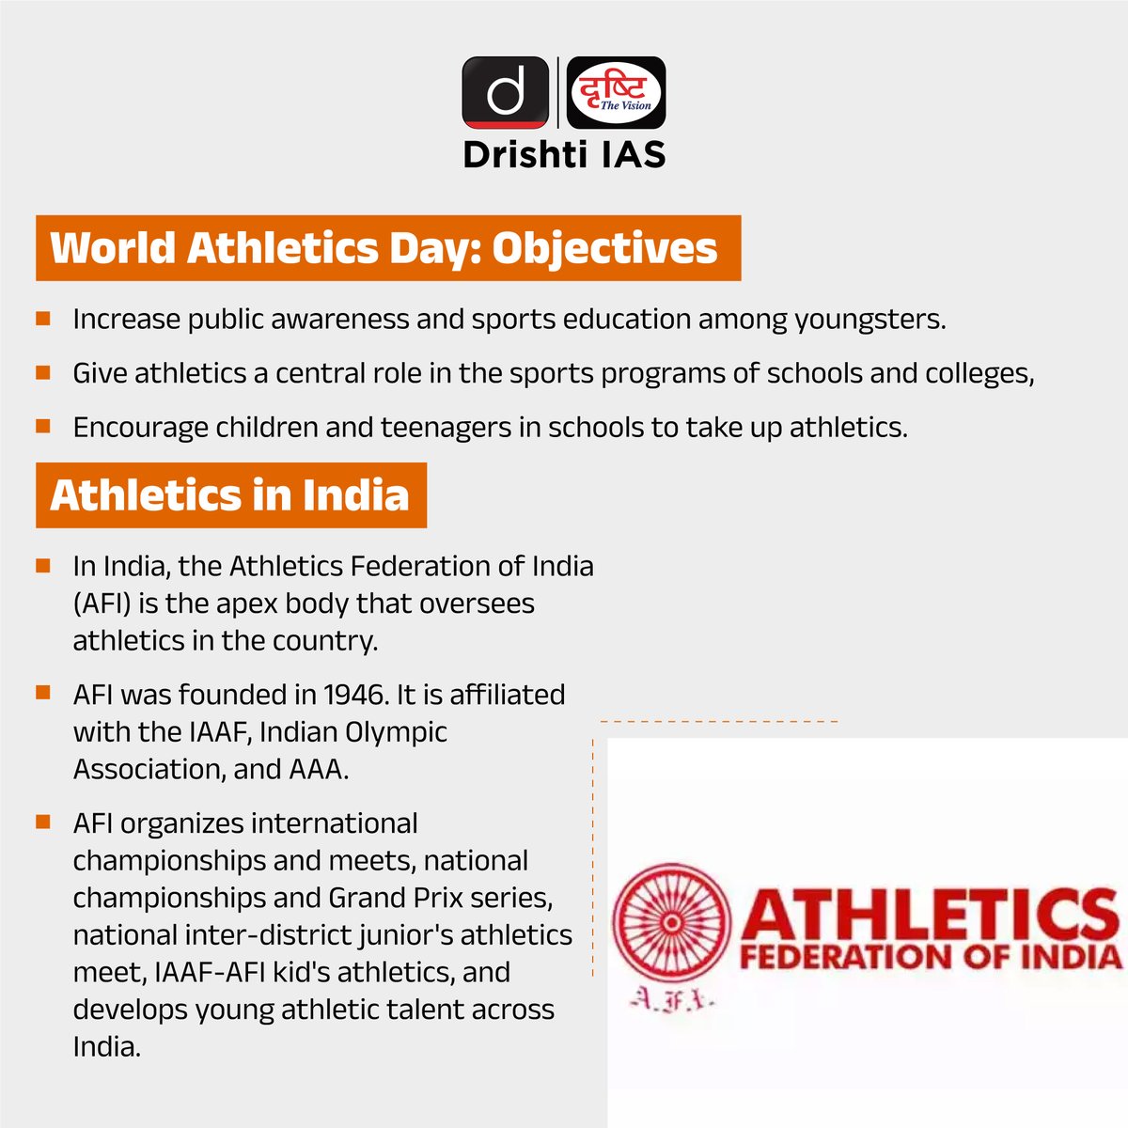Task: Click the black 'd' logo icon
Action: click(x=505, y=92)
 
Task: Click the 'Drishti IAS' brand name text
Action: click(x=564, y=154)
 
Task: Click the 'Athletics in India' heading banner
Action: click(x=230, y=495)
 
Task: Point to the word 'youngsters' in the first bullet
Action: click(x=869, y=320)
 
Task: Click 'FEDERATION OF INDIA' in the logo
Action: click(x=931, y=959)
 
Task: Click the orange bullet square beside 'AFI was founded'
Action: click(x=42, y=694)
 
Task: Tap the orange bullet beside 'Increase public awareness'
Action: click(x=42, y=319)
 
